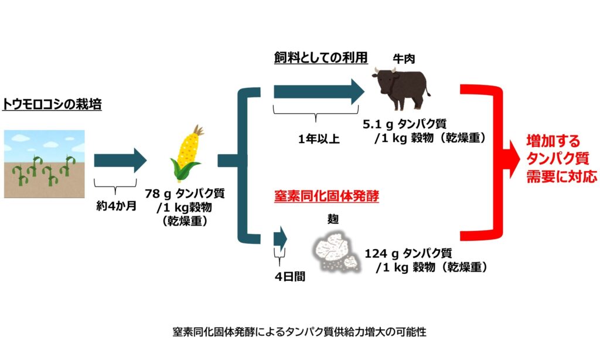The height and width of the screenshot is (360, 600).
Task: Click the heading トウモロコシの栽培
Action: pos(52,104)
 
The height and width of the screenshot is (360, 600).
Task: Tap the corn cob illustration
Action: pos(186,153)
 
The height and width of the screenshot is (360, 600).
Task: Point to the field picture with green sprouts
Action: pos(45,164)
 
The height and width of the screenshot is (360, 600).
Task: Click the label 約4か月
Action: pos(117,206)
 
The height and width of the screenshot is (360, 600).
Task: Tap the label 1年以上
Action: pos(319,138)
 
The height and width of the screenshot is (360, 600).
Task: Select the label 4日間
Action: pos(289,276)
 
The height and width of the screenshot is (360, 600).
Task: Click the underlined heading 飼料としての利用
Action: pos(321,57)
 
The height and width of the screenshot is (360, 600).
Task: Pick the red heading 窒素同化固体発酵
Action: pos(326,196)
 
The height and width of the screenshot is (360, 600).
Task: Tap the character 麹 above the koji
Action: pos(333,219)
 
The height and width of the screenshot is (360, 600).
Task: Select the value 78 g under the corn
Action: pos(157,194)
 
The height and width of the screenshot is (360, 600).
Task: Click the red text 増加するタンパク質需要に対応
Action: pos(561,158)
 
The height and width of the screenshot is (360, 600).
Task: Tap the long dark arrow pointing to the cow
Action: pos(319,92)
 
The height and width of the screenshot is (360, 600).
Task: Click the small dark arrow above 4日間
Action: pos(280,239)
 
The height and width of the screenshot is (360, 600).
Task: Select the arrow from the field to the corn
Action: pos(120,161)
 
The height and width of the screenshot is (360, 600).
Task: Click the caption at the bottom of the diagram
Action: pos(299,331)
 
